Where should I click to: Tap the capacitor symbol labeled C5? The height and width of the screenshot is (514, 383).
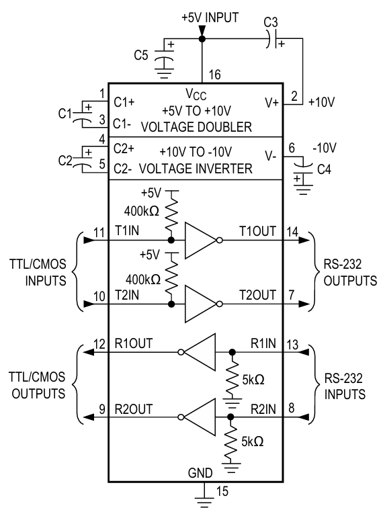click(163, 59)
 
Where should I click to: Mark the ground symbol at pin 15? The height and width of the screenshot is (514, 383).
click(202, 498)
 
